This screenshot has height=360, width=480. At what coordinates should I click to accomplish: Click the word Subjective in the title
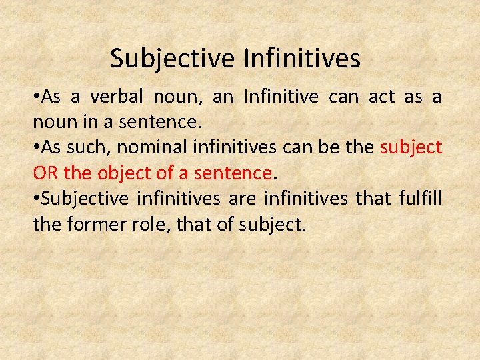[x=173, y=59]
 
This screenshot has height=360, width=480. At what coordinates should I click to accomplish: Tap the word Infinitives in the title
[x=302, y=59]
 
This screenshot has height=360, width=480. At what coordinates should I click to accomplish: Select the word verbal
[x=116, y=97]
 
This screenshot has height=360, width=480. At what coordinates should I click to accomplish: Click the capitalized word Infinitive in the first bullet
[x=281, y=97]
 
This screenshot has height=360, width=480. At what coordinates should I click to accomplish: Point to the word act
[x=381, y=97]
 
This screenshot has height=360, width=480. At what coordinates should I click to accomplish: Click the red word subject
[x=411, y=147]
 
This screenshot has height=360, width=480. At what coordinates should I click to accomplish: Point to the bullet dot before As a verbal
[x=36, y=97]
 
